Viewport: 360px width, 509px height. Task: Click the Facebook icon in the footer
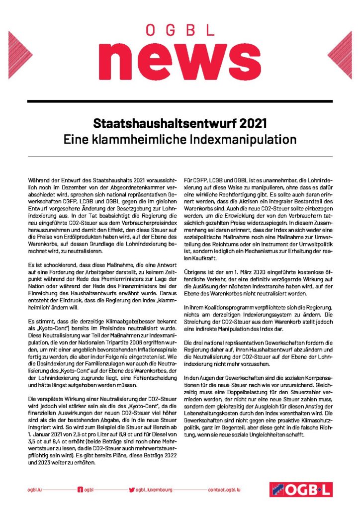[80, 490]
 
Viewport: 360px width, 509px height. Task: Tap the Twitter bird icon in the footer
[132, 490]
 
